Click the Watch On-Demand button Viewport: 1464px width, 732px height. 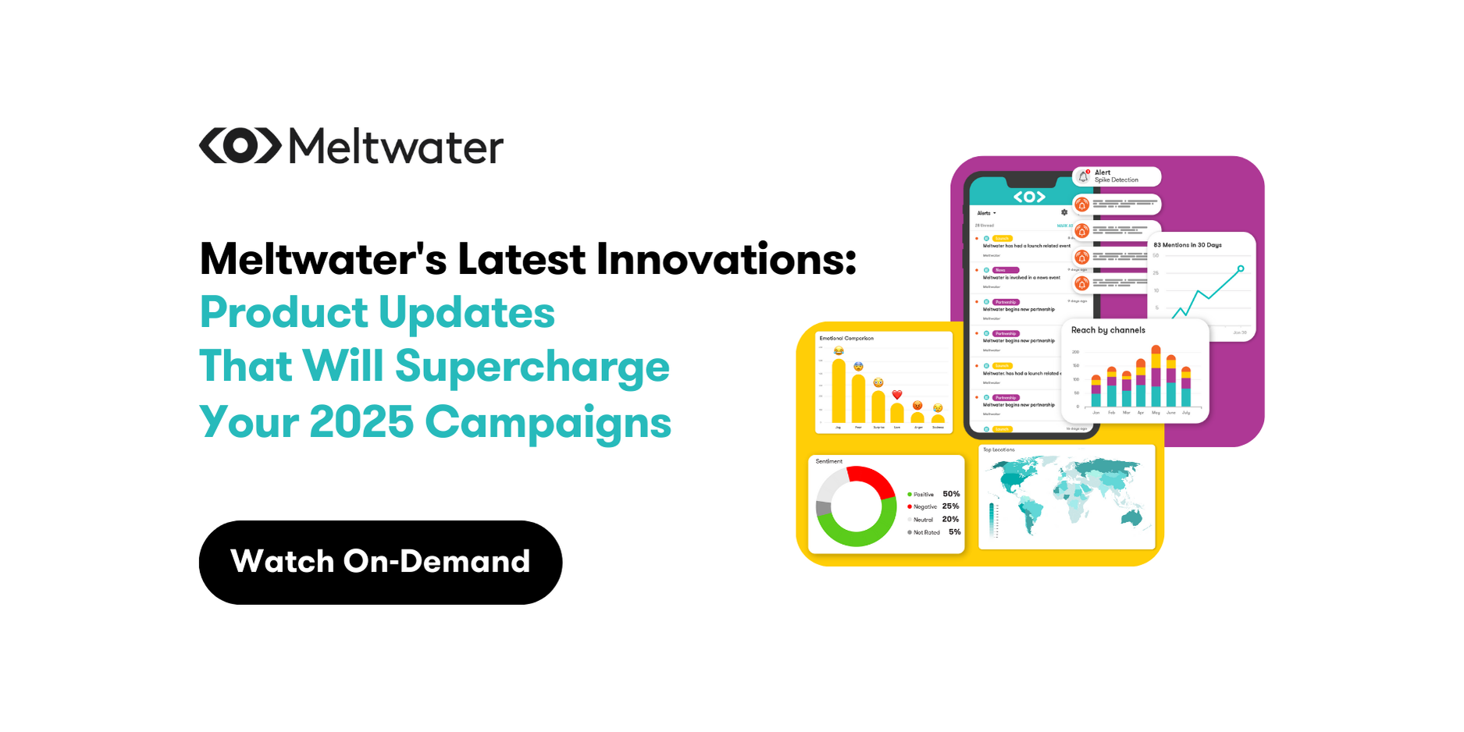pyautogui.click(x=380, y=562)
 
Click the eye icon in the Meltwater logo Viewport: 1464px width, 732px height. pyautogui.click(x=240, y=146)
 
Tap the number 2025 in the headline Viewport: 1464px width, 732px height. pyautogui.click(x=361, y=422)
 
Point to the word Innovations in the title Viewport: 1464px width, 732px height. pyautogui.click(x=726, y=259)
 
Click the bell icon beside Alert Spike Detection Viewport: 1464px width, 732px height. pyautogui.click(x=1083, y=177)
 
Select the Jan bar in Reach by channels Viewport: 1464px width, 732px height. pyautogui.click(x=1095, y=391)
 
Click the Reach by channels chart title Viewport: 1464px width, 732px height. pyautogui.click(x=1108, y=330)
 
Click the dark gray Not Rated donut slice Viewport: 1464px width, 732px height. pyautogui.click(x=823, y=509)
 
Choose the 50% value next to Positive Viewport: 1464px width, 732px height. pyautogui.click(x=951, y=494)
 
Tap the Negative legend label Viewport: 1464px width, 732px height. pyautogui.click(x=924, y=507)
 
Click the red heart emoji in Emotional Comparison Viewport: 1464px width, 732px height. pyautogui.click(x=897, y=395)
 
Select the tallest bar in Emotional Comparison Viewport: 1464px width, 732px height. pyautogui.click(x=839, y=390)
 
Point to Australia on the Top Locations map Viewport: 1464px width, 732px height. pyautogui.click(x=1131, y=517)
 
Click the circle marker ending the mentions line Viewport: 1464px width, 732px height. pyautogui.click(x=1241, y=268)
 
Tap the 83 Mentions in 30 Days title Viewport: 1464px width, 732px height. pyautogui.click(x=1188, y=245)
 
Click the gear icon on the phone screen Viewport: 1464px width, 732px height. pyautogui.click(x=1064, y=212)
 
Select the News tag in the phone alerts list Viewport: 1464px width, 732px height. pyautogui.click(x=1004, y=270)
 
